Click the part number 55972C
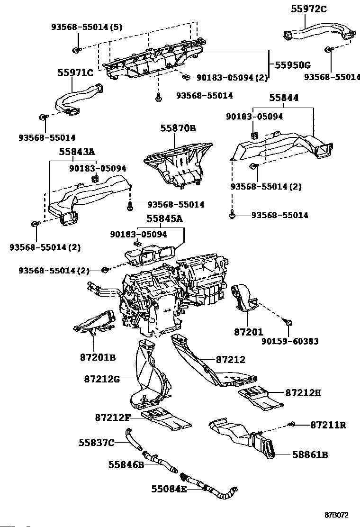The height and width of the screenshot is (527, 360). [309, 9]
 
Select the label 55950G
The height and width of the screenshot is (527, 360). [293, 65]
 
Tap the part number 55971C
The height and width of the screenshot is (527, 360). [75, 72]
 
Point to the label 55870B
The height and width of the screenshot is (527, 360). [178, 128]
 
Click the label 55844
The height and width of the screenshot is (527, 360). [284, 98]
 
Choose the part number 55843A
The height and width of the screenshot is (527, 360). [77, 152]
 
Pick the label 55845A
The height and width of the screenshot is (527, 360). [164, 218]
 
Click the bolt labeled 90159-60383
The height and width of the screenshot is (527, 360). [288, 322]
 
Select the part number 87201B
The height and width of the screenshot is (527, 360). [98, 357]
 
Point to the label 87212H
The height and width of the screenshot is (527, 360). [303, 392]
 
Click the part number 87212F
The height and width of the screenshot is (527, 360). [113, 418]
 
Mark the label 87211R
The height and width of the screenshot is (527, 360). [328, 425]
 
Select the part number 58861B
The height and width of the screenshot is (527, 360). [310, 455]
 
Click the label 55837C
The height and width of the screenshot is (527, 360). [96, 443]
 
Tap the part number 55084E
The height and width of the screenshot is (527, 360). [169, 489]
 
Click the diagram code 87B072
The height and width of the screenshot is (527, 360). [336, 515]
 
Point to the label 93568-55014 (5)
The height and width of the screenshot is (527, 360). [87, 27]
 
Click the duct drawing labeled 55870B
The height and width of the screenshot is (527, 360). [178, 164]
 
